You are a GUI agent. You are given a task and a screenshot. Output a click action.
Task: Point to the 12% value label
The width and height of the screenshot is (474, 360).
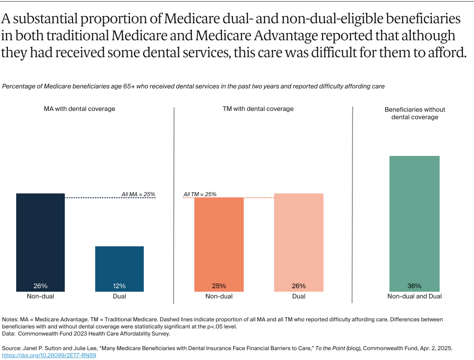[119, 286]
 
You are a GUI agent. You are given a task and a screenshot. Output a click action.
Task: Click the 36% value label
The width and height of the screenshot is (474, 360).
[414, 286]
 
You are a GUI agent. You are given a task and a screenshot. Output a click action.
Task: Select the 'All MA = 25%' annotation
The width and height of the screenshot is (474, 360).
[138, 194]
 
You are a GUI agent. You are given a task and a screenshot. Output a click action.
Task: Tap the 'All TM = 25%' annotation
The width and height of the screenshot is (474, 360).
[200, 194]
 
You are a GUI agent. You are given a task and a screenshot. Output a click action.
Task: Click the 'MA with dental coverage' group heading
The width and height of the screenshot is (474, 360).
[79, 109]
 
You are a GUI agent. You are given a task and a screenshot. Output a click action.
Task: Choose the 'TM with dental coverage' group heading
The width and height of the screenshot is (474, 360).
[258, 109]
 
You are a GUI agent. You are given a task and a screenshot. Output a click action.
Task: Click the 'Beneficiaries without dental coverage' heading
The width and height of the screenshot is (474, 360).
[415, 113]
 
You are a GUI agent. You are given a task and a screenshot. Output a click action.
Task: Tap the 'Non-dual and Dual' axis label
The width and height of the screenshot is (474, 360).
[414, 296]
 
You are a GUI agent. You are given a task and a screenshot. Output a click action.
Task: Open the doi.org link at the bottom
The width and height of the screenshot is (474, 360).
[49, 355]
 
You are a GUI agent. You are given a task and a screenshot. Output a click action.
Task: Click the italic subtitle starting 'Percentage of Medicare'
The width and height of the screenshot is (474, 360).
[193, 86]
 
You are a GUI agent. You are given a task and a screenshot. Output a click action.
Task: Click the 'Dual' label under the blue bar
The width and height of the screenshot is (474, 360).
[119, 296]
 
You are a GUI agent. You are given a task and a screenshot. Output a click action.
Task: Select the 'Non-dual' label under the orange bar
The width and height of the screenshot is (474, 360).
[219, 296]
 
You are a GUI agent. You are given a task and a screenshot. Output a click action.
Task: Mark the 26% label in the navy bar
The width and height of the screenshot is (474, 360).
[40, 286]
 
